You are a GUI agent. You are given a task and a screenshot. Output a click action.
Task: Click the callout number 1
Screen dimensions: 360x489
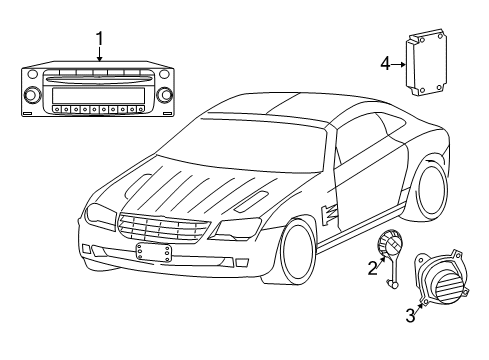tap(100, 39)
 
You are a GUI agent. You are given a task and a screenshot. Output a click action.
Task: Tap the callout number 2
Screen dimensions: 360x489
tap(372, 267)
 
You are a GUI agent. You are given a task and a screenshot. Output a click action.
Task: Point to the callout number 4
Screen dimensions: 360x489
tap(385, 63)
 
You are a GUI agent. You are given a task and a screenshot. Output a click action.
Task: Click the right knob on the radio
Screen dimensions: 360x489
tap(162, 97)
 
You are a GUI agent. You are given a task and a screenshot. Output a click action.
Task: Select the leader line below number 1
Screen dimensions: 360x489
tap(100, 54)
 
